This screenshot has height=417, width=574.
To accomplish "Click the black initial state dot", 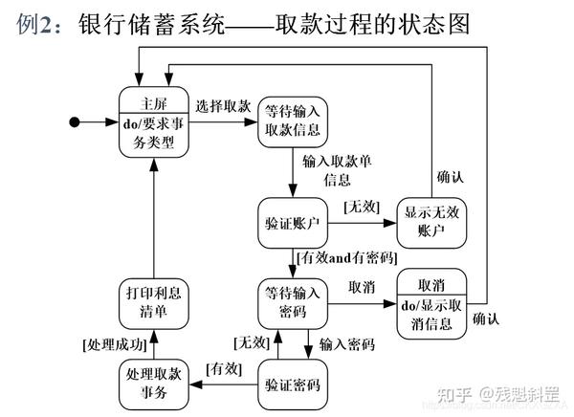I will [75, 121].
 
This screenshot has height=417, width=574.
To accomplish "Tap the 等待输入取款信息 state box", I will [293, 121].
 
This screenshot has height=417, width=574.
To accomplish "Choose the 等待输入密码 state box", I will [293, 304].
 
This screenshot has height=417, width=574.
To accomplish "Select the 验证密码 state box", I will [293, 384].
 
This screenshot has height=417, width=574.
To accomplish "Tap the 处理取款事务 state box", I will [154, 384].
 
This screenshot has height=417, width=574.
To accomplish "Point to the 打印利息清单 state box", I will [154, 303].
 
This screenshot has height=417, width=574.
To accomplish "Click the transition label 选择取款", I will [224, 105].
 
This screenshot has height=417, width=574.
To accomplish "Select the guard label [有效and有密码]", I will [347, 258].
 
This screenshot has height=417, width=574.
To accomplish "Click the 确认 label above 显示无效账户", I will [451, 177].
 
